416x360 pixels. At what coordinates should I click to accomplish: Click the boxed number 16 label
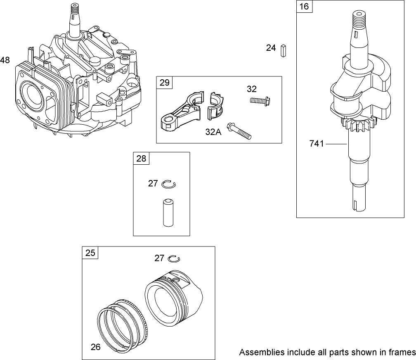point(305,7)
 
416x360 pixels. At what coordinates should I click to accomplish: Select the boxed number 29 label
point(164,83)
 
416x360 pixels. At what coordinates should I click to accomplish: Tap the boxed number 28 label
point(141,159)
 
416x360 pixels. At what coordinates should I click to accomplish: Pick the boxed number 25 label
point(90,253)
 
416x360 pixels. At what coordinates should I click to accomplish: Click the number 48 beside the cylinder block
point(5,60)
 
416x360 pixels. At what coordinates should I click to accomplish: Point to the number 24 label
point(271,48)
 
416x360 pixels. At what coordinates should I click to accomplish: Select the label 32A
point(214,133)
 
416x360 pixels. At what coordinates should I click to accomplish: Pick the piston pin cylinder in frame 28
point(167,212)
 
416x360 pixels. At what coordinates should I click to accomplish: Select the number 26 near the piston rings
point(95,347)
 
